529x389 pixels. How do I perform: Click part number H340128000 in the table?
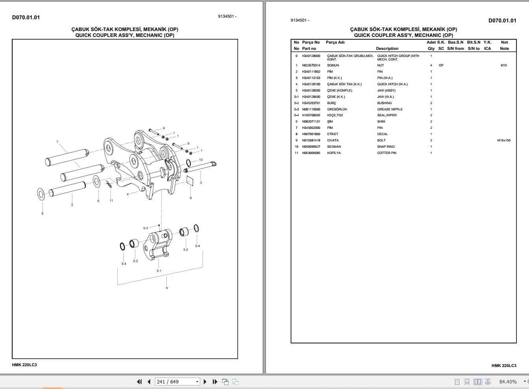coord(311,56)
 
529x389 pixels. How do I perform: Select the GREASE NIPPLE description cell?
coord(390,109)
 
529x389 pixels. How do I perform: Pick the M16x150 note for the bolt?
coord(503,140)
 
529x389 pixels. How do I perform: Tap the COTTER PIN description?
coord(386,153)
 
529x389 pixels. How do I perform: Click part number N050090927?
coord(311,147)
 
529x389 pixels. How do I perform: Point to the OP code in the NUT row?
coord(441,65)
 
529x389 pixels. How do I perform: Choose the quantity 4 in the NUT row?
coord(431,65)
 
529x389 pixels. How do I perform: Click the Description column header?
coord(387,49)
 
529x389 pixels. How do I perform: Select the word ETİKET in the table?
coord(332,134)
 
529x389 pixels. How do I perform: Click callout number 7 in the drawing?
coord(57,142)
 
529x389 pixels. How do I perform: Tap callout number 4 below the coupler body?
coord(127,194)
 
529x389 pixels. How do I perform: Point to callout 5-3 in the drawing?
coord(146,228)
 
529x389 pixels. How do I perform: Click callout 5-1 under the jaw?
coord(159,271)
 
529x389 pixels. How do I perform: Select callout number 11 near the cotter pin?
coord(111,200)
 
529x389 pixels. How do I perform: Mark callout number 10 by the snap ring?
coord(201,160)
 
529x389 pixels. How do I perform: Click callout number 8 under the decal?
coord(191,198)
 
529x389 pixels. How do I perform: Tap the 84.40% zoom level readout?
coord(508,382)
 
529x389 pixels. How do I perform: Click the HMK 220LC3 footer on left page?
coord(24,365)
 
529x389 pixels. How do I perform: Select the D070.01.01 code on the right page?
coord(502,20)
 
